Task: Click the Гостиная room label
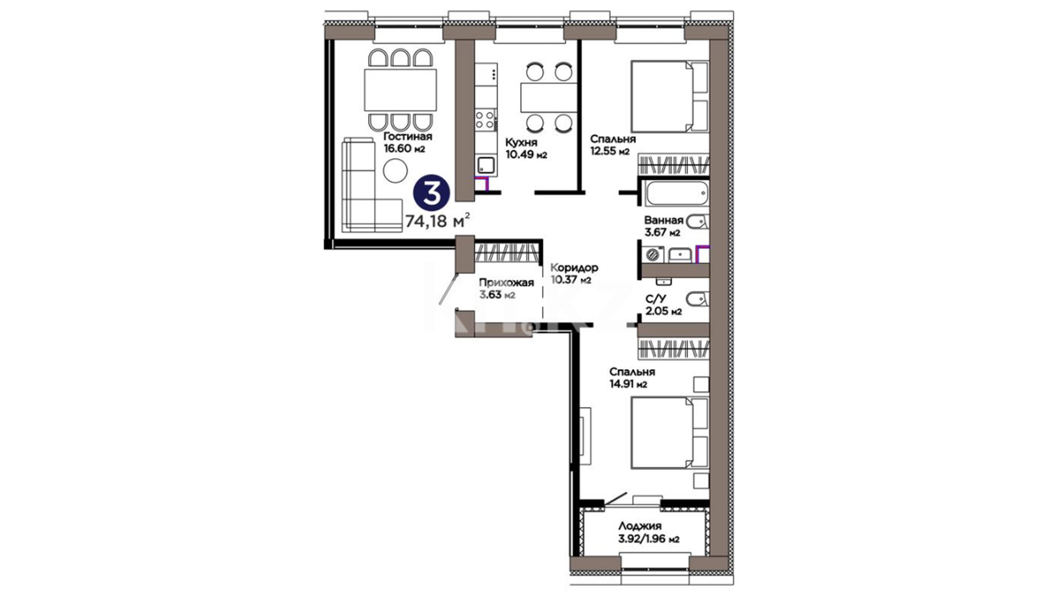[x=408, y=136]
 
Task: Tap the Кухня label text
[x=521, y=143]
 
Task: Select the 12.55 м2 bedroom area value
[x=610, y=151]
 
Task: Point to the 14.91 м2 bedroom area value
[x=628, y=384]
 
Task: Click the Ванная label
[x=664, y=220]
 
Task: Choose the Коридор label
[x=574, y=268]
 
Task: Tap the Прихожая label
[x=506, y=283]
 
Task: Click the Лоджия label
[x=640, y=526]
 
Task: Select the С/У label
[x=656, y=299]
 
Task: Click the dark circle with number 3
[x=432, y=193]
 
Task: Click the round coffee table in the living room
[x=395, y=171]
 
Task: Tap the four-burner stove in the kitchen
[x=485, y=120]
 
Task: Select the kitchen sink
[x=486, y=165]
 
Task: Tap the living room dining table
[x=400, y=90]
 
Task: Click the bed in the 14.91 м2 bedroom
[x=670, y=433]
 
